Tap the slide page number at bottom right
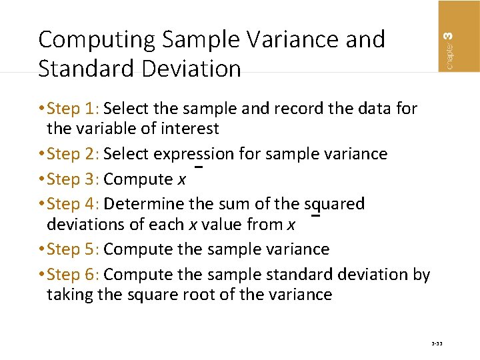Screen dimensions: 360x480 click(x=437, y=344)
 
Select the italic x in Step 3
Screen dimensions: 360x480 click(x=181, y=180)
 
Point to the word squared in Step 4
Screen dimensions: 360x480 click(x=334, y=204)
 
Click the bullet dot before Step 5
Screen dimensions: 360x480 click(x=42, y=250)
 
